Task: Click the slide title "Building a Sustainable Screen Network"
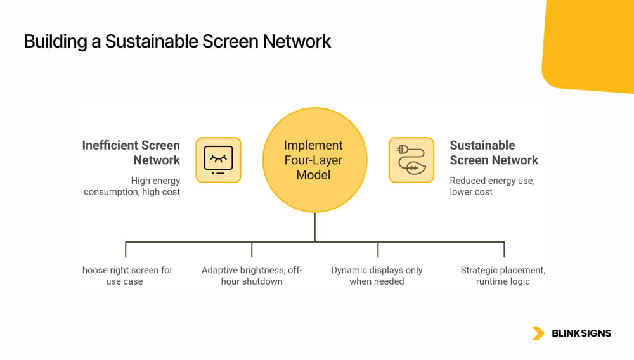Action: point(178,41)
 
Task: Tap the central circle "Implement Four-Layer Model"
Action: point(314,160)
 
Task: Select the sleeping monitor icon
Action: point(218,160)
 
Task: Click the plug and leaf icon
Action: point(411,160)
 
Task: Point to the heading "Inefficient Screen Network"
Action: point(131,153)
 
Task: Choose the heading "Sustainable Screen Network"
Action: point(494,153)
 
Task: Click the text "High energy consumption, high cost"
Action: point(132,186)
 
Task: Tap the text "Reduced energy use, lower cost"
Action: point(492,186)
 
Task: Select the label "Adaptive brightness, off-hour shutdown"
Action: point(252,276)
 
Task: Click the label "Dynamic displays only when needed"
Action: point(377,276)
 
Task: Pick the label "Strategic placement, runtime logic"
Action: point(503,276)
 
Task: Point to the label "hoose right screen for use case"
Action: point(127,276)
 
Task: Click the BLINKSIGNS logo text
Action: point(581,333)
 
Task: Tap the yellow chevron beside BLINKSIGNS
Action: point(538,333)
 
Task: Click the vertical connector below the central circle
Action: point(314,227)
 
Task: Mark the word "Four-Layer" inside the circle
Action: point(313,160)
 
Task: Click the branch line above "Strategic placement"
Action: point(504,249)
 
